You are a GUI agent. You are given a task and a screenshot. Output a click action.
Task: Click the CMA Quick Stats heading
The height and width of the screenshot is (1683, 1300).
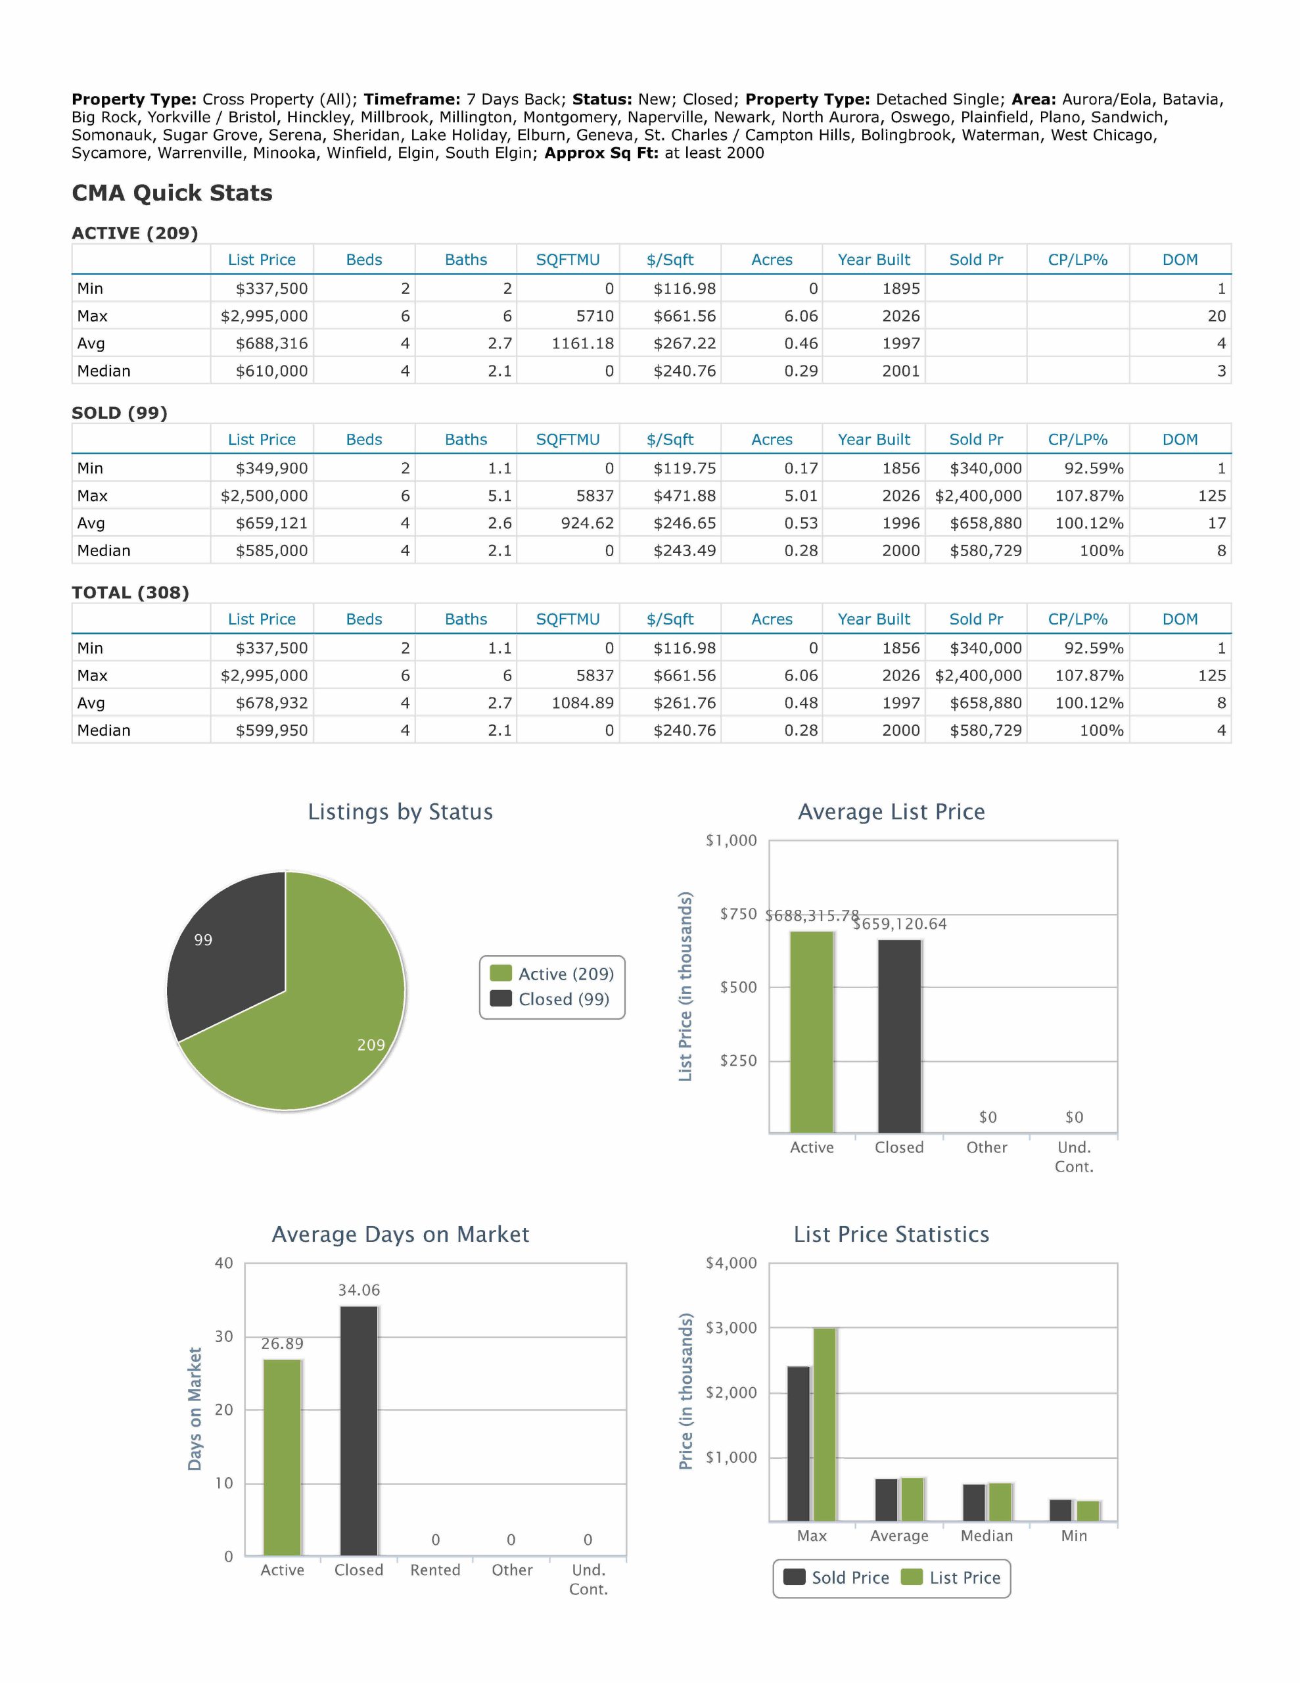point(172,193)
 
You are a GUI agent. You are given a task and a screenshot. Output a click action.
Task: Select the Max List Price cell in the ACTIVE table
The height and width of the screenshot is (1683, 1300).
point(264,316)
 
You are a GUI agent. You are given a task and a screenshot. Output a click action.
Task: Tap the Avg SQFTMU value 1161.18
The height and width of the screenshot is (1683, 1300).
point(582,343)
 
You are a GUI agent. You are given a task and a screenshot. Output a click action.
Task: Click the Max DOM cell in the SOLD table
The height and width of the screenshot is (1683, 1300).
point(1211,496)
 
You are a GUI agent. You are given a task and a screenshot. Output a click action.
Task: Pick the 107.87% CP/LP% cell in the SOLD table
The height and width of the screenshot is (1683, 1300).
point(1089,496)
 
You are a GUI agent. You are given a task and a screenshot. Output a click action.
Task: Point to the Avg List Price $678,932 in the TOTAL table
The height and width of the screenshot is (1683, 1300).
point(271,703)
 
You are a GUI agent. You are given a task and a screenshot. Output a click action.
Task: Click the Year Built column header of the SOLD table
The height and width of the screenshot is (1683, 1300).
point(874,439)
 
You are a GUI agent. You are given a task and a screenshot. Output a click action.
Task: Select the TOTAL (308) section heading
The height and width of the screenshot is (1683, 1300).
point(130,592)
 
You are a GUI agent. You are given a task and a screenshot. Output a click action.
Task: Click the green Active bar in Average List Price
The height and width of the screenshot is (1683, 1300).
point(812,1033)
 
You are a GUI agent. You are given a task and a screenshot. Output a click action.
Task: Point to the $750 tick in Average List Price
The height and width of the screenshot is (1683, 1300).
point(738,914)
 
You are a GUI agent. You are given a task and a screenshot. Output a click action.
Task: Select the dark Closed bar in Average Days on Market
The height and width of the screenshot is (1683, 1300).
point(359,1431)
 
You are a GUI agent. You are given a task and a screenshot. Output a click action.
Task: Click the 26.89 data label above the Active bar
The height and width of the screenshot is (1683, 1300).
point(282,1344)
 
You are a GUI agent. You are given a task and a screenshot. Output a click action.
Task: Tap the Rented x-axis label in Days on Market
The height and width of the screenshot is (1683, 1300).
point(435,1570)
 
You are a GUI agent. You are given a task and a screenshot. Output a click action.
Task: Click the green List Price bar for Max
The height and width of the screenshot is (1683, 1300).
point(825,1425)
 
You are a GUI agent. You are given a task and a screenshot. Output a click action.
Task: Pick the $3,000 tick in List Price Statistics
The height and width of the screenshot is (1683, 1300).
point(731,1328)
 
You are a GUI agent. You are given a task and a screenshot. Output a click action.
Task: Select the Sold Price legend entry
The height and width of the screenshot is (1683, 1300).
point(836,1577)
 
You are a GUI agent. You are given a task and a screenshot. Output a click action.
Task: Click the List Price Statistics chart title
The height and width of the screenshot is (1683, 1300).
point(892,1235)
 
